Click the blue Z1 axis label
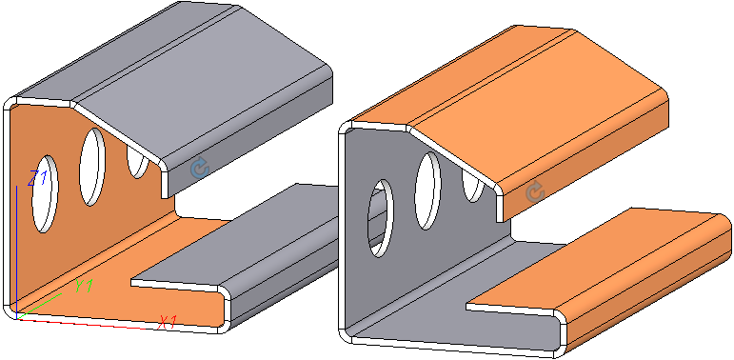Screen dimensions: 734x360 coord(38,178)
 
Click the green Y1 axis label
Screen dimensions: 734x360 coord(85,286)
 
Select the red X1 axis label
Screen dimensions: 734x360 coord(168,322)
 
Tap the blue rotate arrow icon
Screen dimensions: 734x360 coord(200,167)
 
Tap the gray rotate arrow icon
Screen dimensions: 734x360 coord(536,192)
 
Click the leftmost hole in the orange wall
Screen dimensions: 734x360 coord(45,194)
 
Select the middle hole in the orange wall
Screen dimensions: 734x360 coord(92,167)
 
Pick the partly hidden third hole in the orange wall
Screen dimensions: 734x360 coord(138,161)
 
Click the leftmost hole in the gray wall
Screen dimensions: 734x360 coord(381,218)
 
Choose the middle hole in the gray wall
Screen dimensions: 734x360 coord(427,190)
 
